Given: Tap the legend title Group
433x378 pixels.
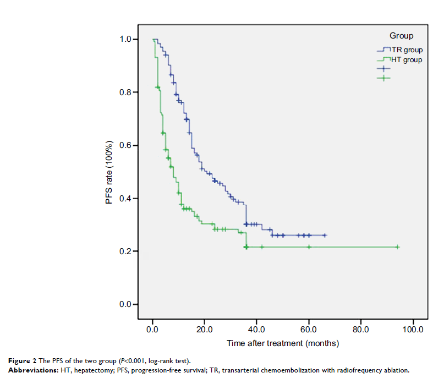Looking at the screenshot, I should coord(401,36).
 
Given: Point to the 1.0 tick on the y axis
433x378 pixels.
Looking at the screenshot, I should coord(125,40).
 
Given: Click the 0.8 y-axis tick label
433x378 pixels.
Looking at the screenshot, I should coord(125,92).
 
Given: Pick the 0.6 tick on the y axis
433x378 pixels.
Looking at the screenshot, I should coord(125,145).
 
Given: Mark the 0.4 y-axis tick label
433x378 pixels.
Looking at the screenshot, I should coord(125,198).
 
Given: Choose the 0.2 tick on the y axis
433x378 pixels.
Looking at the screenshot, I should coord(125,251).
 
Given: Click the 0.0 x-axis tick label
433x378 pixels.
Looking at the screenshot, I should coord(152,330).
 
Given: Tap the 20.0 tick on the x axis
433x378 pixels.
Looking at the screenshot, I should coord(204,330).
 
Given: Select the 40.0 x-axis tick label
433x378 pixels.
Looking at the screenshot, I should coord(256,330).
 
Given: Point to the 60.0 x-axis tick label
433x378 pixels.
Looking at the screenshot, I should coord(309,330).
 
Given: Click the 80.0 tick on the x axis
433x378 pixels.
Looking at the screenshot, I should coord(360,330).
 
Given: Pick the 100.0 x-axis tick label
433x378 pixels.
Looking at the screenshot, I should coord(413,330).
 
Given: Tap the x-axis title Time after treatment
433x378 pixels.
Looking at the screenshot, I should coord(283,343).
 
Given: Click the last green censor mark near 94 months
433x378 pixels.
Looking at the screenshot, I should coord(397,247).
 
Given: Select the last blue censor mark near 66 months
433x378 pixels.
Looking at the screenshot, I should coord(325,235).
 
